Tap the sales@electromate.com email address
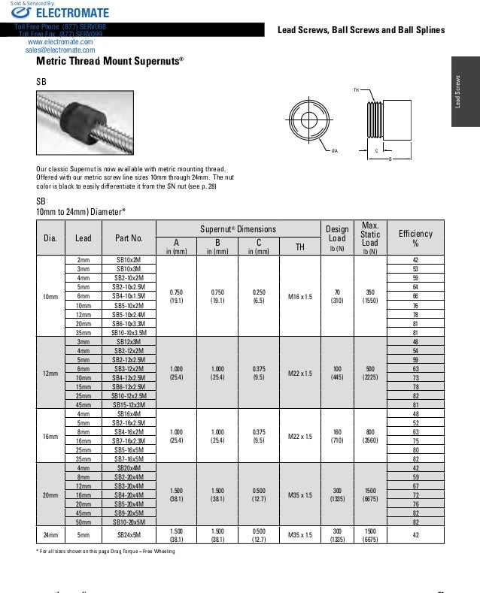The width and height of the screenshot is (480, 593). point(58,50)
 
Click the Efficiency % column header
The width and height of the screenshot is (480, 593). point(415,238)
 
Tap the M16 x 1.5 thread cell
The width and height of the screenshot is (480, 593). point(299,296)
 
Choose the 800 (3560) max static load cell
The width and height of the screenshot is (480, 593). point(370,436)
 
